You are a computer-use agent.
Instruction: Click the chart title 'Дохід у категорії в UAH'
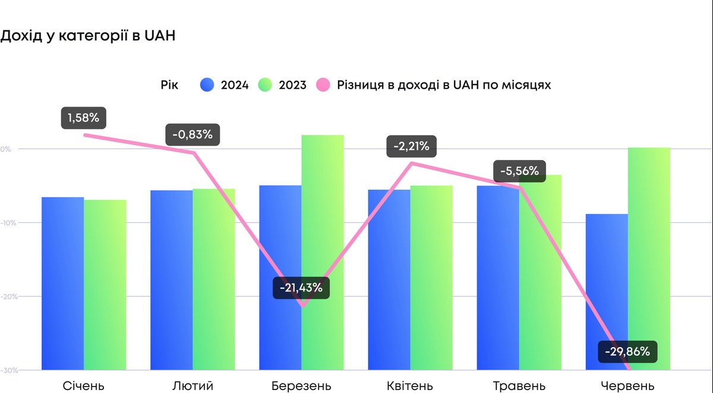(x=88, y=36)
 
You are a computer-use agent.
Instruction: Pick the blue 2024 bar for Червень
(x=606, y=291)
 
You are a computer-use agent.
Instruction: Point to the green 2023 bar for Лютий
(x=214, y=279)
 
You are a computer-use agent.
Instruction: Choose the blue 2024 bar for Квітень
(x=389, y=279)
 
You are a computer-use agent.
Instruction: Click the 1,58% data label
(x=83, y=118)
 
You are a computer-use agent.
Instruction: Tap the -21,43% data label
(x=301, y=288)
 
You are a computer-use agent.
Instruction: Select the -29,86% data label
(x=627, y=352)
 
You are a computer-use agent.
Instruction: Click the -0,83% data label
(x=193, y=134)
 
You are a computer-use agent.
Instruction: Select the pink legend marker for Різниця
(x=323, y=85)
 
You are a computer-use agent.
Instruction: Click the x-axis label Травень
(x=519, y=385)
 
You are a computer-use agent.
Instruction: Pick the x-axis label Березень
(x=301, y=385)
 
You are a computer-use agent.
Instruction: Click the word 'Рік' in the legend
(x=169, y=85)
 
